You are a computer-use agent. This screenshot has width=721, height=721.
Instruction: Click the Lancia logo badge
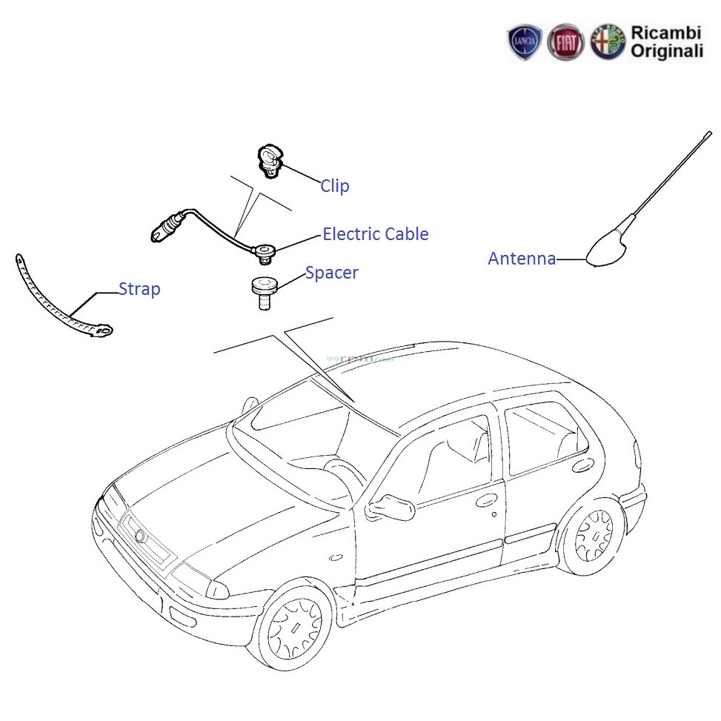[525, 41]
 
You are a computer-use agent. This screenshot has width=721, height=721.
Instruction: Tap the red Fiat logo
[565, 41]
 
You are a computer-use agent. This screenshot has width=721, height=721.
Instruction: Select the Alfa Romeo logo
[608, 41]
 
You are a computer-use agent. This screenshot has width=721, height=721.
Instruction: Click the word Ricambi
[665, 33]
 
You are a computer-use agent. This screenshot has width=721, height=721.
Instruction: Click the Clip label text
[334, 186]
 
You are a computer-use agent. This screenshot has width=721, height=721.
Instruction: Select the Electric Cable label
[375, 234]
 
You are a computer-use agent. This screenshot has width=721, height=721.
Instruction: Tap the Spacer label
[331, 273]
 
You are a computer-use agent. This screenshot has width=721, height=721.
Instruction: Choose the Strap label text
[139, 289]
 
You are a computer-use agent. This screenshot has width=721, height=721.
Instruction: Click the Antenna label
[522, 259]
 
